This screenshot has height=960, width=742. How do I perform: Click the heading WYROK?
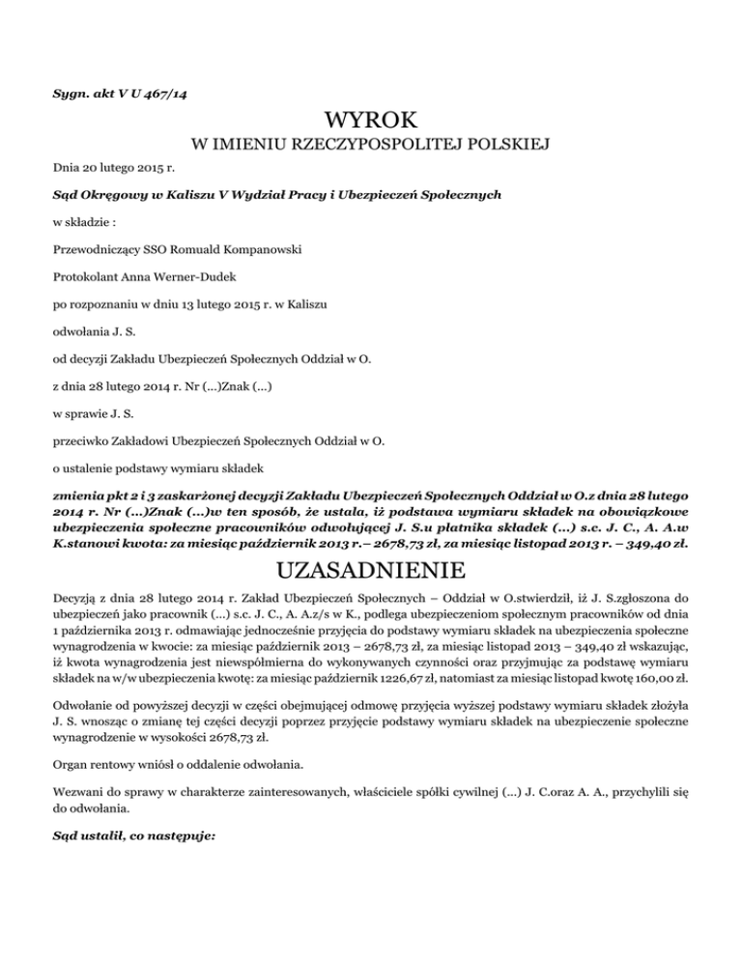tap(371, 122)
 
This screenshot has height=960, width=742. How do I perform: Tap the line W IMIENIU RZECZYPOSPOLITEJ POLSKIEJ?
tap(371, 146)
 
